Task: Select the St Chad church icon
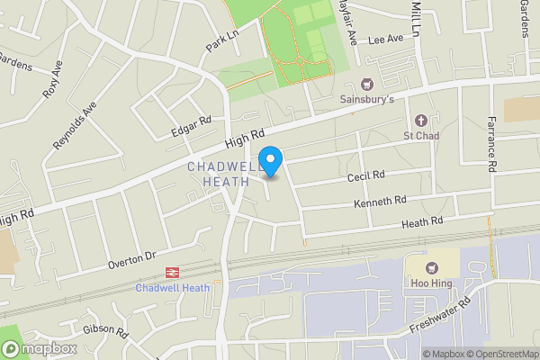pyautogui.click(x=419, y=120)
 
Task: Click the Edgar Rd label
pyautogui.click(x=191, y=126)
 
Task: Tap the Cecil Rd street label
pyautogui.click(x=366, y=176)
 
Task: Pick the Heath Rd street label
pyautogui.click(x=423, y=221)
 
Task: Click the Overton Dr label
pyautogui.click(x=132, y=260)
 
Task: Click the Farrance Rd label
pyautogui.click(x=491, y=143)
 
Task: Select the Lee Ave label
pyautogui.click(x=385, y=40)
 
